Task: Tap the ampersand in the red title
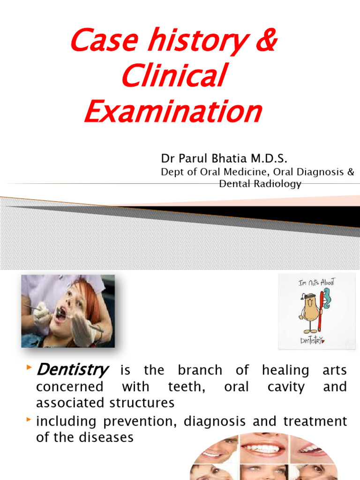(x=266, y=41)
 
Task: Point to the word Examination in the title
(x=172, y=112)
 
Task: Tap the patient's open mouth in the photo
(x=60, y=312)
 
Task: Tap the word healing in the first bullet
(x=285, y=370)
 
